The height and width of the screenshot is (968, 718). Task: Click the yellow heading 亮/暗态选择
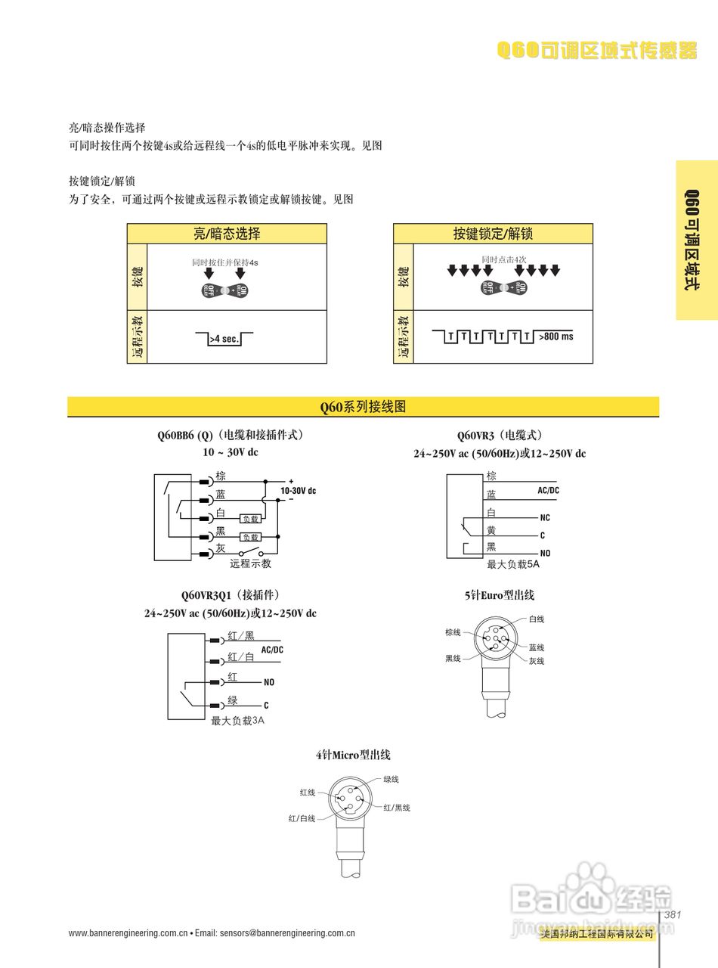click(x=227, y=234)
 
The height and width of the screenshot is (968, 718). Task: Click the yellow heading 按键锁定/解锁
click(x=493, y=234)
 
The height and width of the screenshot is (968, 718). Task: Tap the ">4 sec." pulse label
click(x=224, y=339)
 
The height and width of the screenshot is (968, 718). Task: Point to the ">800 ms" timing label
click(x=556, y=337)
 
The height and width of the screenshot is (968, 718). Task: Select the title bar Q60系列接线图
click(x=363, y=407)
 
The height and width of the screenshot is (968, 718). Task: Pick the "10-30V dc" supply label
click(x=298, y=491)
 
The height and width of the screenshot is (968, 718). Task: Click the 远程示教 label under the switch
click(x=250, y=563)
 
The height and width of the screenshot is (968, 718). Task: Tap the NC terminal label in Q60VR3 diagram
click(x=545, y=518)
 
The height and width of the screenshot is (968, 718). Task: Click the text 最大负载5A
click(x=513, y=565)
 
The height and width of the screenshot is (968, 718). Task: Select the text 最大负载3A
click(x=237, y=721)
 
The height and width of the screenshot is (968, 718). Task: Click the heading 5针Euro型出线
click(x=499, y=595)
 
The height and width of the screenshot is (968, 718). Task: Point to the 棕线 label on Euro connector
click(x=453, y=632)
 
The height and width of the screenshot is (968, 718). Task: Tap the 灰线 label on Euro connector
click(x=537, y=661)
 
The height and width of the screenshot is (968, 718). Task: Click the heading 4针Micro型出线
click(x=353, y=755)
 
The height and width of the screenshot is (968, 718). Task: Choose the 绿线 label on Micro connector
click(x=391, y=779)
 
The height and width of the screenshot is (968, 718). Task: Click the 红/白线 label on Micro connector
click(x=302, y=818)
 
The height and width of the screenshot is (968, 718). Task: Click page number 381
click(x=673, y=915)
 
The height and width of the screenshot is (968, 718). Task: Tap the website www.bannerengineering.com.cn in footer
click(x=128, y=933)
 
